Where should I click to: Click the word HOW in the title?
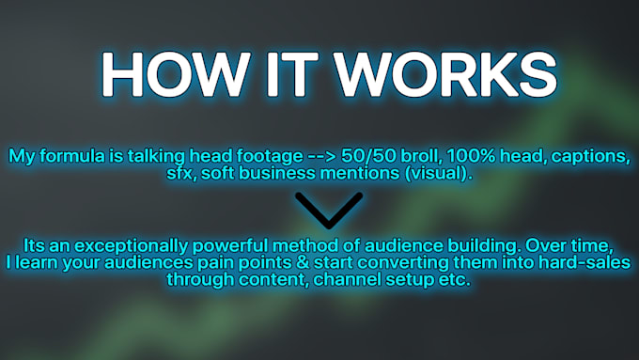pos(175,74)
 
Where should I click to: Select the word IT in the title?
pos(291,74)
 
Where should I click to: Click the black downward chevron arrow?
pos(329,210)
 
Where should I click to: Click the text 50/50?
pos(368,156)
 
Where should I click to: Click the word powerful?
pos(230,246)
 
